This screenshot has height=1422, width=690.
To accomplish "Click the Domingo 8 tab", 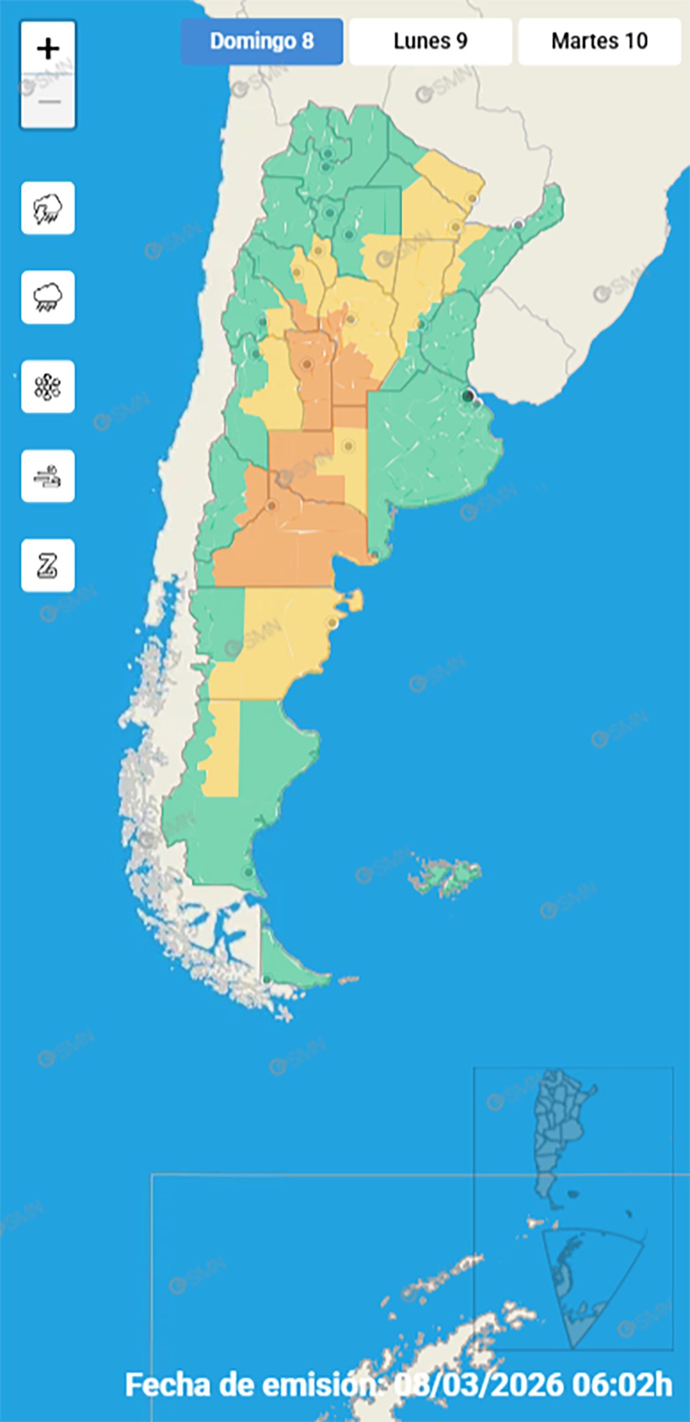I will click(262, 41).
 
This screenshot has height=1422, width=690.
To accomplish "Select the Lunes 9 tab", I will click(431, 41).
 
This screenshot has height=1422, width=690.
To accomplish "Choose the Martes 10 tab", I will click(599, 41).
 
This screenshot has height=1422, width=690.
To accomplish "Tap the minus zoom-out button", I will click(48, 102).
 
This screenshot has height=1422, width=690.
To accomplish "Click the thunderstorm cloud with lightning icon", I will click(48, 208).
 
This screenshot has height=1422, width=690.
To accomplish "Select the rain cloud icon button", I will click(48, 297).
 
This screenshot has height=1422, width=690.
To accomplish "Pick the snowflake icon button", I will click(48, 387).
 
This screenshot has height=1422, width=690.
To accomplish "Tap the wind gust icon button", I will click(48, 476).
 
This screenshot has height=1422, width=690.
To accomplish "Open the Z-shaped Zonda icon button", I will click(48, 565).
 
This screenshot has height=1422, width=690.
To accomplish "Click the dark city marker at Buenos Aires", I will click(468, 395).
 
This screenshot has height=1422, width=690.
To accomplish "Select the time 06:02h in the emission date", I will click(622, 1385).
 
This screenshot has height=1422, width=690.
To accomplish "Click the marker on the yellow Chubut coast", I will click(332, 623).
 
